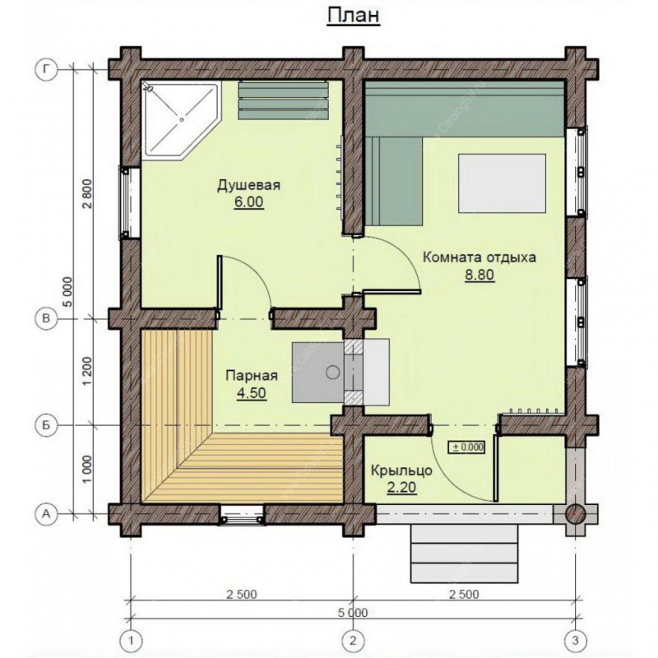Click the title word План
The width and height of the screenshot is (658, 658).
(354, 16)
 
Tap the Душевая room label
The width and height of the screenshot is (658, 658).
(248, 185)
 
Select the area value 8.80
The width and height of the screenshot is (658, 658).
(480, 275)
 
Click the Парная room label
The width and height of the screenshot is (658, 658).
(252, 375)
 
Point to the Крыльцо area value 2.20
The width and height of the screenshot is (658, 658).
(401, 487)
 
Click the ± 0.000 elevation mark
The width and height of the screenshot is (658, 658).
(467, 447)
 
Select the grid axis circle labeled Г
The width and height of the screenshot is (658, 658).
(46, 69)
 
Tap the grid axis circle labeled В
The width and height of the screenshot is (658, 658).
(46, 318)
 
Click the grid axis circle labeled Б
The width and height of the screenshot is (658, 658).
(46, 425)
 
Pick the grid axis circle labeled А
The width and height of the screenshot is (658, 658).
(46, 512)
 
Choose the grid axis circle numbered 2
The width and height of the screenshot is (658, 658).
(353, 641)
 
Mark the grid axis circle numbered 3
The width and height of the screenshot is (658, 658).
(574, 641)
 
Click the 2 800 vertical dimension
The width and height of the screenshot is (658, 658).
(88, 193)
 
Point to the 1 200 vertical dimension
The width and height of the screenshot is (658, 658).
(88, 372)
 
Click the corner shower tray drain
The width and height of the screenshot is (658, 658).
(182, 119)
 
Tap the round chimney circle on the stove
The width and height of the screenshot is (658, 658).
(333, 372)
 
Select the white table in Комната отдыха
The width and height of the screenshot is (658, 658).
(502, 183)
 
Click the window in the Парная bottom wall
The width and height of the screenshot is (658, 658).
(243, 514)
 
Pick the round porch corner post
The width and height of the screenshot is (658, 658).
(575, 513)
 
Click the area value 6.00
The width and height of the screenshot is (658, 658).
(248, 202)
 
